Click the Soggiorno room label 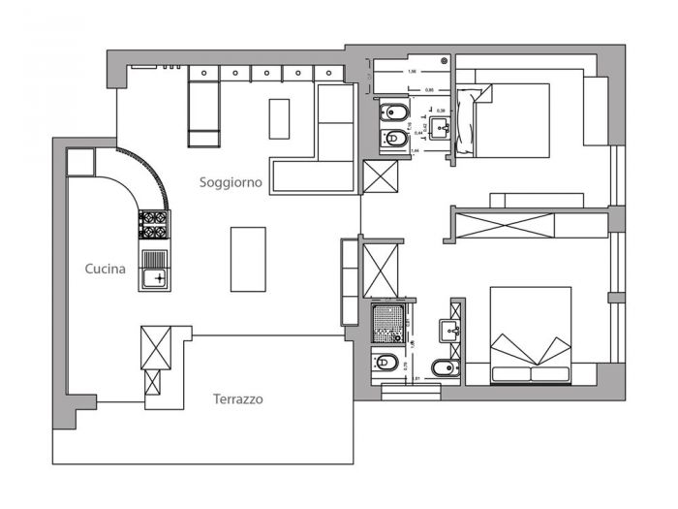pyautogui.click(x=231, y=182)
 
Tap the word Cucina pyautogui.click(x=105, y=270)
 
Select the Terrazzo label pyautogui.click(x=237, y=398)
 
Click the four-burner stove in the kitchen pyautogui.click(x=154, y=225)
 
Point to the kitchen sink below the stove pyautogui.click(x=154, y=270)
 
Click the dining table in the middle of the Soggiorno pyautogui.click(x=248, y=258)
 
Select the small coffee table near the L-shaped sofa pyautogui.click(x=279, y=118)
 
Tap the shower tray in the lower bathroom pyautogui.click(x=388, y=323)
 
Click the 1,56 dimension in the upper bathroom pyautogui.click(x=413, y=72)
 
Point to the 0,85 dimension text pyautogui.click(x=429, y=89)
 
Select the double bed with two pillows pyautogui.click(x=530, y=334)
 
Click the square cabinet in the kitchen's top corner pyautogui.click(x=79, y=161)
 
